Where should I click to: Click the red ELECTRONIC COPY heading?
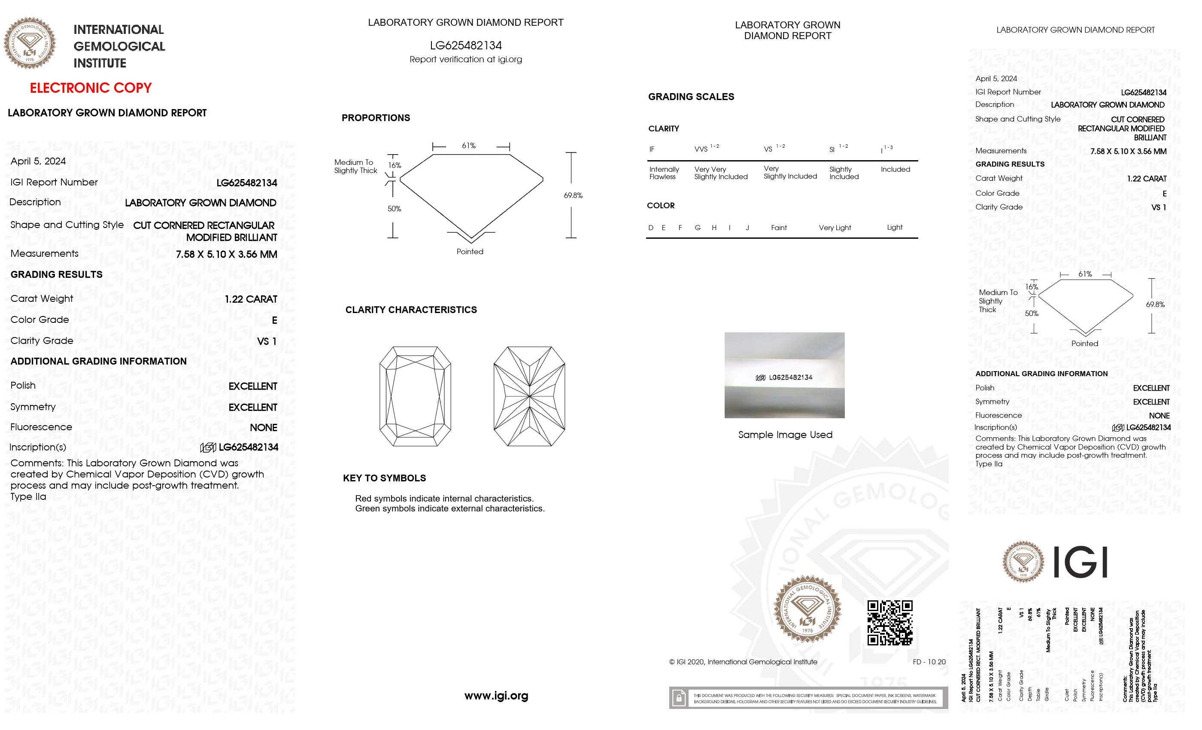coord(91,88)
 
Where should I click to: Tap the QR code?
coord(890,623)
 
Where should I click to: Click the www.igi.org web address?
coord(496,695)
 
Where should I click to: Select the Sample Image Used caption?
coord(785,435)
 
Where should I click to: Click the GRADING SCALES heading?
coord(691,97)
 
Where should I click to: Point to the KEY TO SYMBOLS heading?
coord(384,478)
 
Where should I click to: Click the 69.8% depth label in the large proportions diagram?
coord(573,195)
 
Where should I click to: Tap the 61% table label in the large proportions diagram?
coord(469,146)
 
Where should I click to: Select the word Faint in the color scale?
coord(779,228)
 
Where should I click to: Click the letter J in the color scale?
coord(747,228)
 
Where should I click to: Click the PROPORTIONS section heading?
coord(376,118)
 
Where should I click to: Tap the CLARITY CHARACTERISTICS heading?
coord(411,310)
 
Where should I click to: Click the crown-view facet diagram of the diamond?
coord(415,396)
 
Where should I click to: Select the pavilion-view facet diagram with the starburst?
coord(529,396)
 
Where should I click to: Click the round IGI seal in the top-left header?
coord(30,43)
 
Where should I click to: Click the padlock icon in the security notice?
coord(679,698)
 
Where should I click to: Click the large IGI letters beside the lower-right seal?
coord(1080,562)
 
